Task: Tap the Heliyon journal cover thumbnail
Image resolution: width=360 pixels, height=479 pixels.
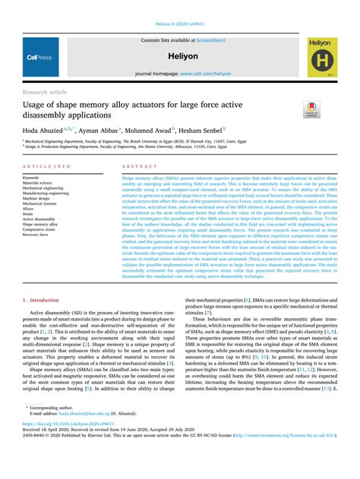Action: click(323, 56)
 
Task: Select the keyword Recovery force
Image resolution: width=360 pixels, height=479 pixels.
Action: click(37, 235)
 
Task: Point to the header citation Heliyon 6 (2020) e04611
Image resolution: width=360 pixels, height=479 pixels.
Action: click(180, 6)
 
